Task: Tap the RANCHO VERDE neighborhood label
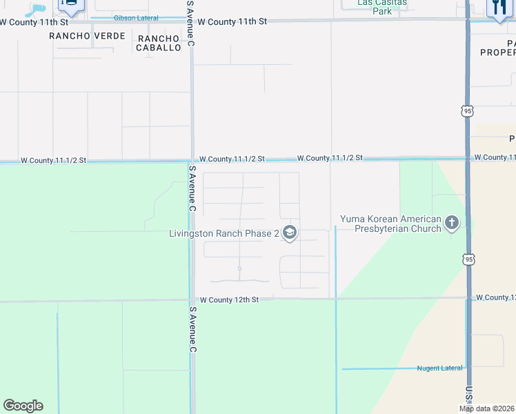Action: coord(88,36)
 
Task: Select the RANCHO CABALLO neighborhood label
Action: coord(159,43)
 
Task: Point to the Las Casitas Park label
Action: coord(381,6)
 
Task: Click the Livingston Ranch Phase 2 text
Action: coord(224,233)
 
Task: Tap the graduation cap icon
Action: coord(290,233)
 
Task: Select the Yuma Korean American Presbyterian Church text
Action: coord(390,224)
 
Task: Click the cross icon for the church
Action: coord(452,223)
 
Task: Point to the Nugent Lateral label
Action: coord(439,368)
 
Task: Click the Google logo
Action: coord(23,406)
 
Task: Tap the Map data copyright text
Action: coord(487,408)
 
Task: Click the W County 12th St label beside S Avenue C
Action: coord(229,299)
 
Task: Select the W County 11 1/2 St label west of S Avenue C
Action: coord(53,160)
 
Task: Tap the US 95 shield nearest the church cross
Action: coord(468,259)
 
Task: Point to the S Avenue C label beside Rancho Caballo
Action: coord(191,24)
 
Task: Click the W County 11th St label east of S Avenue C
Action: coord(232,22)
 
